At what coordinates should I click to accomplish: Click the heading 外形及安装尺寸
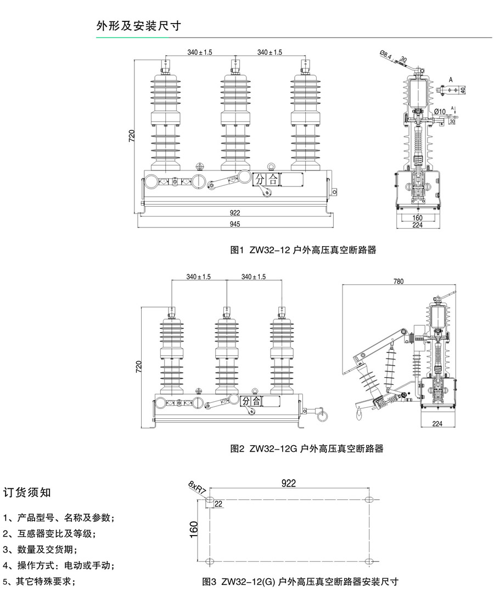(138, 26)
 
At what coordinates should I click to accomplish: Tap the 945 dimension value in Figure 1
(235, 224)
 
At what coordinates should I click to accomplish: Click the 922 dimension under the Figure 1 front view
(235, 213)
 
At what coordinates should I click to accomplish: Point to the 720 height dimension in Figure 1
(132, 136)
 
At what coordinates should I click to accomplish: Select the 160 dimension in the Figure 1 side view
(417, 217)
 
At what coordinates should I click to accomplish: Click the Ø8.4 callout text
(386, 54)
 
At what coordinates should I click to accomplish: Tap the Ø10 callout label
(440, 112)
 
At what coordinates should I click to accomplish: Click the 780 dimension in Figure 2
(398, 281)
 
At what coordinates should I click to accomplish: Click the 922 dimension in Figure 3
(289, 483)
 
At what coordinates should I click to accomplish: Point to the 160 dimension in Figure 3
(194, 530)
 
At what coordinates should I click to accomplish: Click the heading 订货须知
(27, 492)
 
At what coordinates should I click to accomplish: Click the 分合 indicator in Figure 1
(266, 179)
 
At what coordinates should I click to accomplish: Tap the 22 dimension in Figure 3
(218, 504)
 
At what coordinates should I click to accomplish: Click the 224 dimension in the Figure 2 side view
(437, 423)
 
